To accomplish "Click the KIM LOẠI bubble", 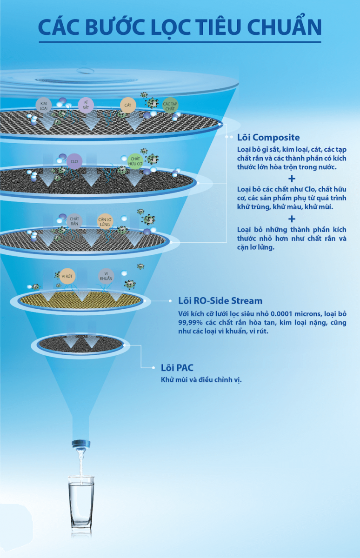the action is tap(44, 106).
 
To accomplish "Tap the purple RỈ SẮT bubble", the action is tap(86, 105).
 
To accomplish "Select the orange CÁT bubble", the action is tap(128, 105).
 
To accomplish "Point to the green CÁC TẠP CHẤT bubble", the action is tap(170, 106).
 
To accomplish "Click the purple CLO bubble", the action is tap(74, 161).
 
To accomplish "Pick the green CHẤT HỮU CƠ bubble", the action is tap(135, 161).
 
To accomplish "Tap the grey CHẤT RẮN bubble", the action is tap(74, 221).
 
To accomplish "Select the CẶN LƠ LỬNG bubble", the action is tap(105, 221).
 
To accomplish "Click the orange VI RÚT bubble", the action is tap(67, 276).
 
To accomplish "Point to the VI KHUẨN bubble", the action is tap(106, 276).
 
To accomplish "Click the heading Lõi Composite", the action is tap(268, 137).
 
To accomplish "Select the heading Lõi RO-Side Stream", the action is tap(220, 301).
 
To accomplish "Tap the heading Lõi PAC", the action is tap(177, 368).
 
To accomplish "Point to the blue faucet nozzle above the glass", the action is tap(81, 445).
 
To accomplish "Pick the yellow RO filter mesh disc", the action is tap(81, 300).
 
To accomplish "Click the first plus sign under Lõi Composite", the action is tap(292, 179).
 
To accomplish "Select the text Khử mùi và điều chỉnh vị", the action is tap(201, 380).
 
